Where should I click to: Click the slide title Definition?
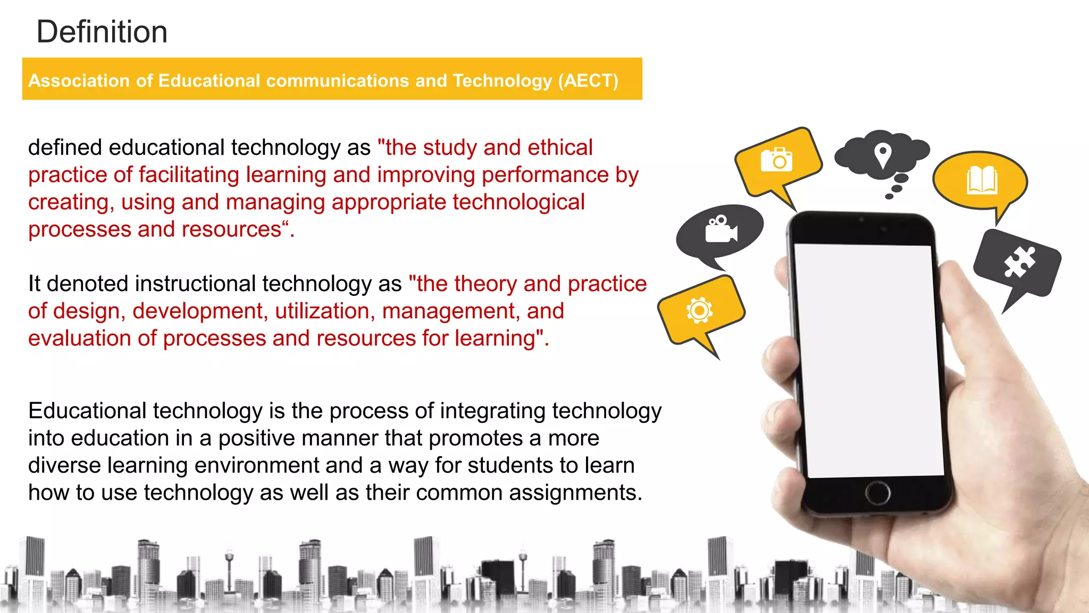pyautogui.click(x=102, y=32)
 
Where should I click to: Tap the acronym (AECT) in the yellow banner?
pyautogui.click(x=588, y=81)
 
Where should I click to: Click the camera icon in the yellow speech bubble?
pyautogui.click(x=776, y=160)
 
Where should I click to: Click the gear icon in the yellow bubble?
pyautogui.click(x=699, y=310)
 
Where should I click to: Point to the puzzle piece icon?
pyautogui.click(x=1019, y=262)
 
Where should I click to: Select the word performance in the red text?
pyautogui.click(x=545, y=175)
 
